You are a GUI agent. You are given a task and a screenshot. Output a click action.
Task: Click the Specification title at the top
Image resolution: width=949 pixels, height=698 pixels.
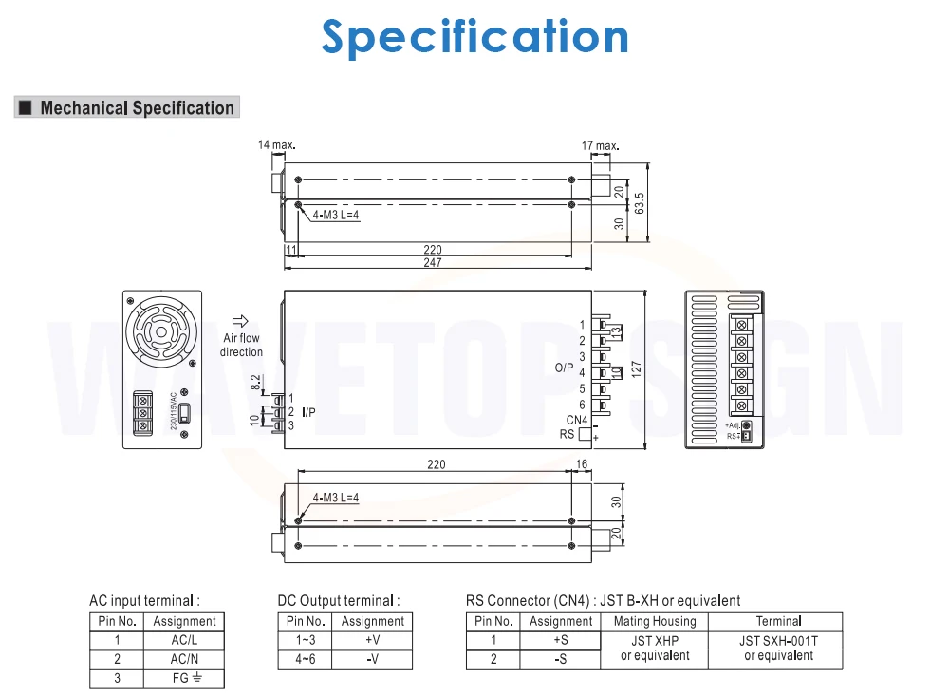[x=474, y=37]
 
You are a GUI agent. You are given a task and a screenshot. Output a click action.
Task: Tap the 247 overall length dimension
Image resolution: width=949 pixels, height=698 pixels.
[x=434, y=263]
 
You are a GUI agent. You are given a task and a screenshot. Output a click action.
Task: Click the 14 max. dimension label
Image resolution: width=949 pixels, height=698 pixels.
[x=276, y=145]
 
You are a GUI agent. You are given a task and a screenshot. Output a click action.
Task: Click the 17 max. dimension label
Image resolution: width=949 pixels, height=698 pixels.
[x=600, y=145]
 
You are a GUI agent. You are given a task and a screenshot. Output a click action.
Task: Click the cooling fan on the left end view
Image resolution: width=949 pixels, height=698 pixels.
[x=161, y=333]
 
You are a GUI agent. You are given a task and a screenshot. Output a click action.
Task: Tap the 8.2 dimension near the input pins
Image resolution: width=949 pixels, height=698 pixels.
[x=255, y=383]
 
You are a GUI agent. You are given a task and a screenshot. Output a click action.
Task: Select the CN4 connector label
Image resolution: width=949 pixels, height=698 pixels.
[x=578, y=420]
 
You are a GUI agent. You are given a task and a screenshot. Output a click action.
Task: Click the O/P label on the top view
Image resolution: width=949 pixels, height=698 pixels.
[x=565, y=368]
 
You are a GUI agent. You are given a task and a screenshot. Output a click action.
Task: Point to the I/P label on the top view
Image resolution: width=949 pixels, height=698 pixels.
[x=308, y=412]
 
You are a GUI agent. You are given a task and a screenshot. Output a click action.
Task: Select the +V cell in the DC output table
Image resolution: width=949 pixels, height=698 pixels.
[x=373, y=640]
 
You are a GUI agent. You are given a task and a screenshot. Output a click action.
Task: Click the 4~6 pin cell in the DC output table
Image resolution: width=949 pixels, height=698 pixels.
[x=305, y=659]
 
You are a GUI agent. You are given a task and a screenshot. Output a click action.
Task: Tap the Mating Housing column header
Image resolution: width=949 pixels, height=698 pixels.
[x=655, y=621]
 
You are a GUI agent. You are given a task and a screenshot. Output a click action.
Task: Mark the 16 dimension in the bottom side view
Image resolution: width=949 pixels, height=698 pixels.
[x=582, y=464]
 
